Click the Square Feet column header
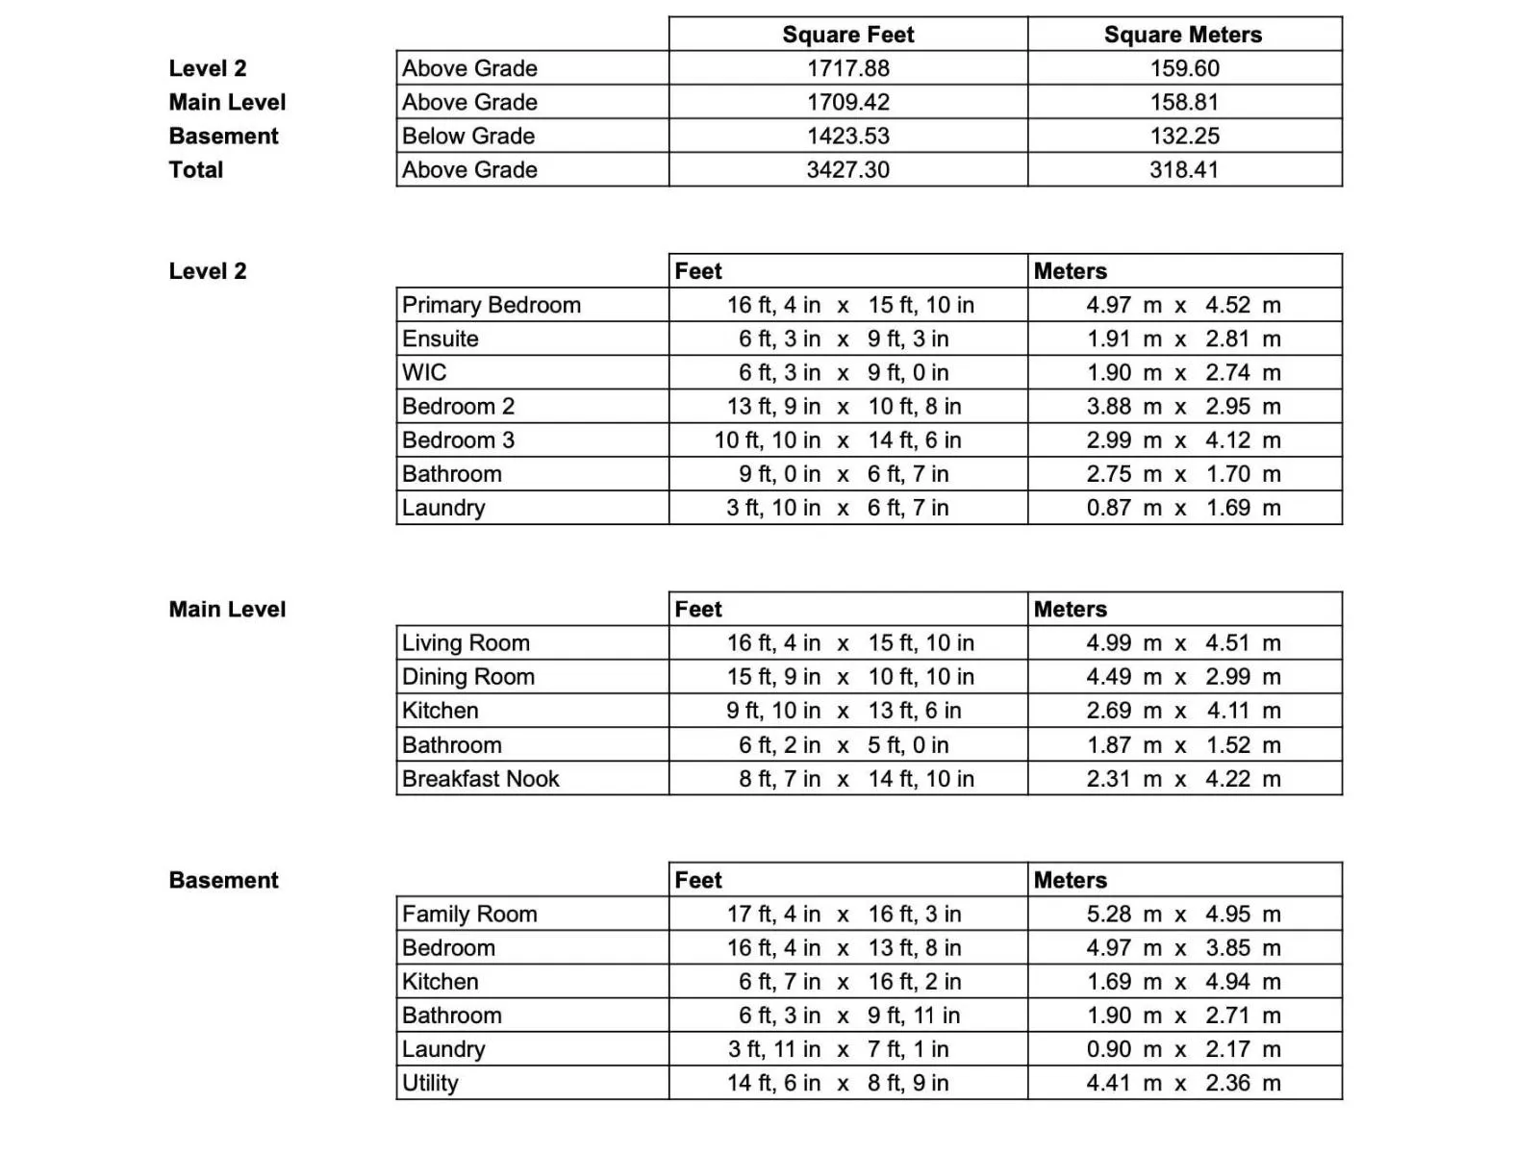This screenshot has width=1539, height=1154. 847,35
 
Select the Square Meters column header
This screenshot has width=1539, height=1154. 1182,35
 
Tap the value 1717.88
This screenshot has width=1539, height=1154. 847,68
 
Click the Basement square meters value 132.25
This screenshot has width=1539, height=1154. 1184,136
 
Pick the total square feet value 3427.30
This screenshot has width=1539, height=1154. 847,169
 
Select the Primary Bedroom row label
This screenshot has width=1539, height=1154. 491,305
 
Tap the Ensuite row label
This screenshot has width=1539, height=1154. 440,339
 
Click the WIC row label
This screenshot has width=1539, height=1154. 424,372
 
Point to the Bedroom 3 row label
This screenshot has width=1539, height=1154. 458,439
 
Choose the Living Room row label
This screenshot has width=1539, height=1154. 466,642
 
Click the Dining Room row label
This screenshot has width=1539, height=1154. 467,676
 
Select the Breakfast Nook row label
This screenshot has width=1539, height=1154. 480,778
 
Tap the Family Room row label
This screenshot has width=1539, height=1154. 469,914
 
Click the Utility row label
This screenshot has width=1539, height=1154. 430,1083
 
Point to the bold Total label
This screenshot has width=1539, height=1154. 196,169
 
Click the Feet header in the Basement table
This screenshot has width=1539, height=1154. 698,880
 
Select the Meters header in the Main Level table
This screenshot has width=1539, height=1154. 1070,609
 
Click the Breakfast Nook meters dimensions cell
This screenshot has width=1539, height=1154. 1183,778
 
